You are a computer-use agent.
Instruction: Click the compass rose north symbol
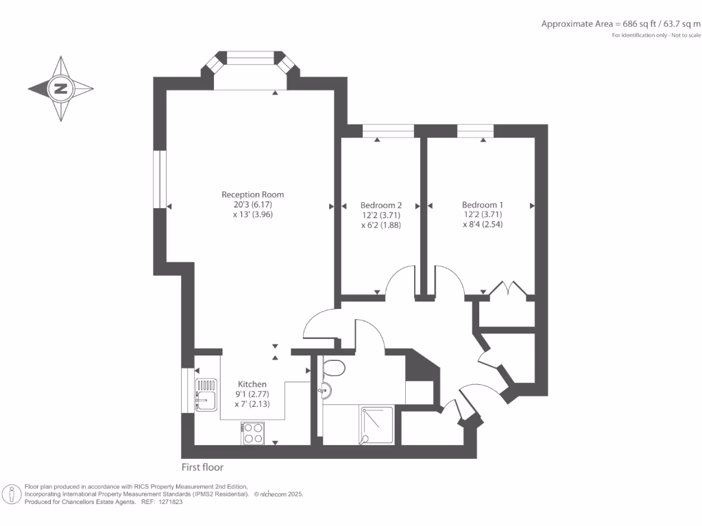(61, 88)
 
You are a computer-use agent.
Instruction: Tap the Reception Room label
(252, 195)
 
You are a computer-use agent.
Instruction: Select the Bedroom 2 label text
(380, 205)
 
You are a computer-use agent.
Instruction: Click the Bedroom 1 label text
(483, 205)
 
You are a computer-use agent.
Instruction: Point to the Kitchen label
(252, 384)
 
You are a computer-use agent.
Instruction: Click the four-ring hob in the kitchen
(253, 433)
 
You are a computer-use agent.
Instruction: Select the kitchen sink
(205, 395)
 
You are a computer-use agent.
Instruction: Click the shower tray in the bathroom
(376, 425)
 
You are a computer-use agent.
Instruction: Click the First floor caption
(202, 468)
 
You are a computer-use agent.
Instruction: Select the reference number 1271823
(169, 502)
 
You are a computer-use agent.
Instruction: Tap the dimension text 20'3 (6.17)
(252, 204)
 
